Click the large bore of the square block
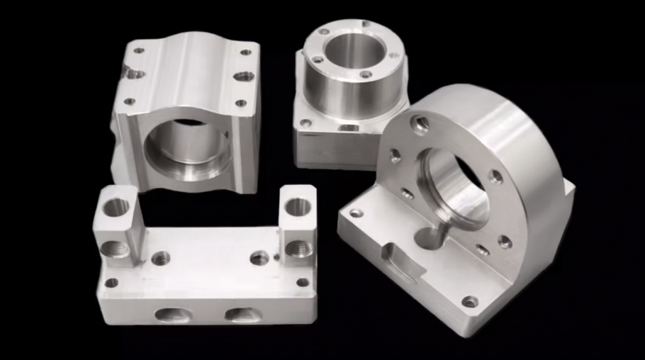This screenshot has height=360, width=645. [x=186, y=151]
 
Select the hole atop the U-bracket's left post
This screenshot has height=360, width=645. [x=116, y=206]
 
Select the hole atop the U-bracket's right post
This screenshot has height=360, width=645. [x=298, y=206]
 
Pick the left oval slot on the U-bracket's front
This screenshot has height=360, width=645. [x=172, y=315]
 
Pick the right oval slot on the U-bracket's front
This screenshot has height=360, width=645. [x=243, y=314]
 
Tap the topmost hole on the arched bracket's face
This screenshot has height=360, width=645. [x=420, y=125]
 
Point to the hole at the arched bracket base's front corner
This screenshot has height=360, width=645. [x=470, y=302]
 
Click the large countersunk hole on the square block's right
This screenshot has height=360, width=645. [x=243, y=76]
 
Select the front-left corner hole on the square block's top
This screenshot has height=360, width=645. [x=129, y=101]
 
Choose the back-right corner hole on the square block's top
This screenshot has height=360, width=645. [x=246, y=52]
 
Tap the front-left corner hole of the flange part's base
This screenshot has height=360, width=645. [x=306, y=123]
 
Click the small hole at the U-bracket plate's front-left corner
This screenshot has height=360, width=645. [x=111, y=283]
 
